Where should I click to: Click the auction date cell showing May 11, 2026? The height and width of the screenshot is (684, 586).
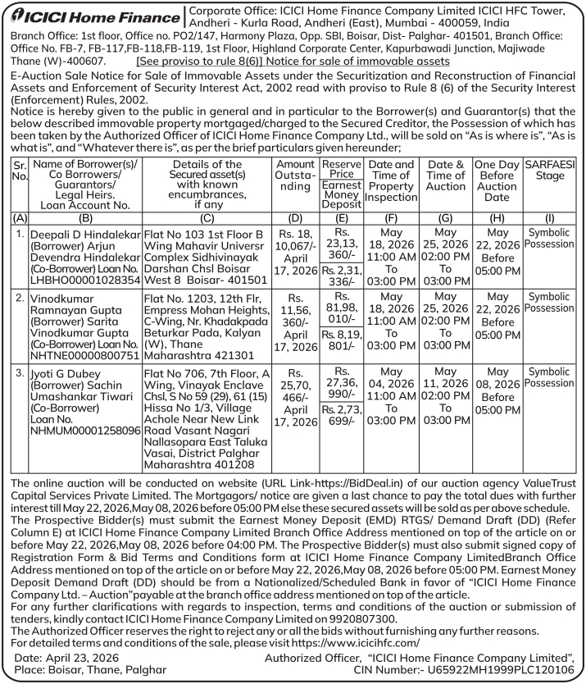[446, 399]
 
